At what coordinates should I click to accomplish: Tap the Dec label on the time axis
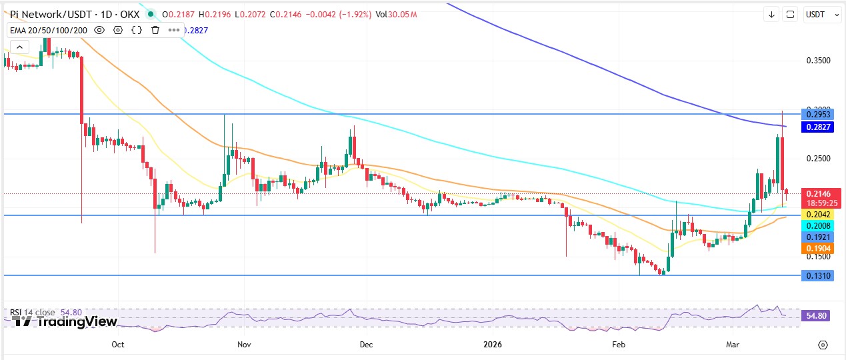pos(366,345)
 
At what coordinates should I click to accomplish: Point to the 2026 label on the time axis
pos(492,345)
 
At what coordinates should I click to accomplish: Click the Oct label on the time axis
pos(118,345)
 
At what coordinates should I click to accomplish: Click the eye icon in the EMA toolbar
pos(99,30)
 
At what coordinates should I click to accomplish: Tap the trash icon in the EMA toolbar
pos(155,30)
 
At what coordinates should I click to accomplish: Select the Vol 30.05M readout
pos(396,14)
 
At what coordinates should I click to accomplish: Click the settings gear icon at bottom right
pos(823,345)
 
